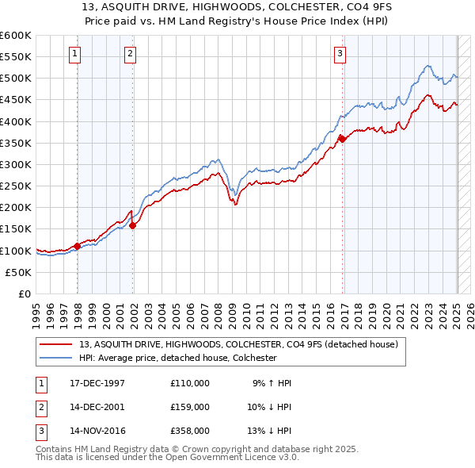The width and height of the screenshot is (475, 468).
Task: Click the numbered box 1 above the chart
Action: tap(74, 54)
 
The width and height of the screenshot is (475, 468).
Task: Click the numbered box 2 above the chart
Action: tap(130, 54)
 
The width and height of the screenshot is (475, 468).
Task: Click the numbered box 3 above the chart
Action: tap(340, 54)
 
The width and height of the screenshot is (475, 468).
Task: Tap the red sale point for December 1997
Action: tap(77, 246)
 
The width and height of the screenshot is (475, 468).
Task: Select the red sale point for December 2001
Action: tap(132, 224)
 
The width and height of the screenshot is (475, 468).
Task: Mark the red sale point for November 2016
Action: tap(342, 139)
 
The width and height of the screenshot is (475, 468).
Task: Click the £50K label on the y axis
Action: tap(19, 272)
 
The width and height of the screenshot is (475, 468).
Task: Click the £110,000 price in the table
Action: tap(190, 383)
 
